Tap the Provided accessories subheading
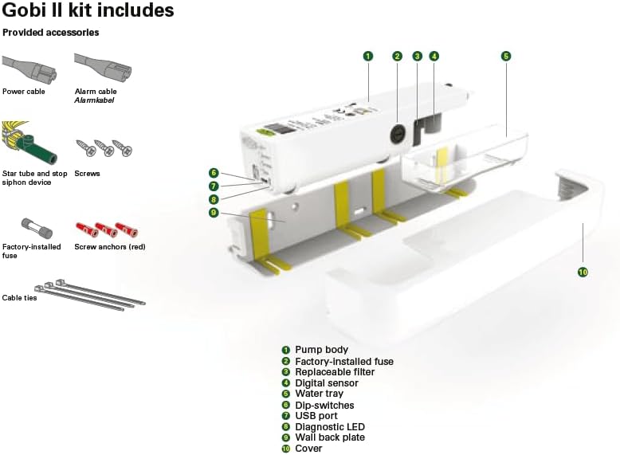point(51,33)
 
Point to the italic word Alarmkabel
point(95,101)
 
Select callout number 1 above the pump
point(367,56)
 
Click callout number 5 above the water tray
point(505,56)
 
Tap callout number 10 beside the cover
point(583,272)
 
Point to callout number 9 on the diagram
point(214,213)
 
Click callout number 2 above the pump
point(397,56)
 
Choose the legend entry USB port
point(316,416)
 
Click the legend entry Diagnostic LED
point(328,427)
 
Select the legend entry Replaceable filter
point(334,372)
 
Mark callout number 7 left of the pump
point(214,186)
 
